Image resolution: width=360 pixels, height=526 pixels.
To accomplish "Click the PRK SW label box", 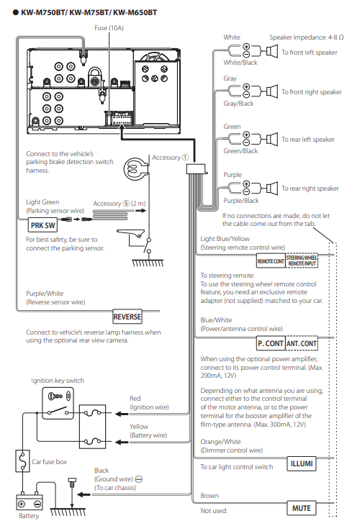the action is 42,225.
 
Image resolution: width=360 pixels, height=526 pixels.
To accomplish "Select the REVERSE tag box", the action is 127,317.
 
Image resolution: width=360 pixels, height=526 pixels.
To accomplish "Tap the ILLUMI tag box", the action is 301,463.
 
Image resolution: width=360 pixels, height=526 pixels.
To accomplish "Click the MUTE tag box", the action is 301,508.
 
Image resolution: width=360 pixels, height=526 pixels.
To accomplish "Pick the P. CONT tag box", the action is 271,343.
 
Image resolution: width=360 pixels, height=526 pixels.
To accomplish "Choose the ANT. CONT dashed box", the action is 302,343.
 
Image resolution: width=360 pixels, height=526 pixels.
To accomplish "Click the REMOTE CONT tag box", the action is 271,261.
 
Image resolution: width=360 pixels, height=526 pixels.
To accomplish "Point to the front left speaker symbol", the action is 272,51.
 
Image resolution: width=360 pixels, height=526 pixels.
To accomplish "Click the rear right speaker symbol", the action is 272,188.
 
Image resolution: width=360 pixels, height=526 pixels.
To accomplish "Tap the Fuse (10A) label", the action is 109,28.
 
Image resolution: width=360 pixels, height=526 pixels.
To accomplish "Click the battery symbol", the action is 30,502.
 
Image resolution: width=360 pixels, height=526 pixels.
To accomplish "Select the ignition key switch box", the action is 58,404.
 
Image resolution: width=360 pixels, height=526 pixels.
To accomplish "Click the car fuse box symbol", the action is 22,461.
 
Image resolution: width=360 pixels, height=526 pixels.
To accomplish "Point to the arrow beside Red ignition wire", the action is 122,414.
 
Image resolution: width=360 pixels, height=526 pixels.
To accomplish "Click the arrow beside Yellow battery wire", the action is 122,442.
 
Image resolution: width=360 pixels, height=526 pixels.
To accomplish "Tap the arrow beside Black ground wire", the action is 84,494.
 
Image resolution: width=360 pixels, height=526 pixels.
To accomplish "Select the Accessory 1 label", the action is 170,158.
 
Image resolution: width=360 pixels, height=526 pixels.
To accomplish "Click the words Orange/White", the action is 220,442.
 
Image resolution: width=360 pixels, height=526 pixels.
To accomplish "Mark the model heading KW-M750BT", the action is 44,13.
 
